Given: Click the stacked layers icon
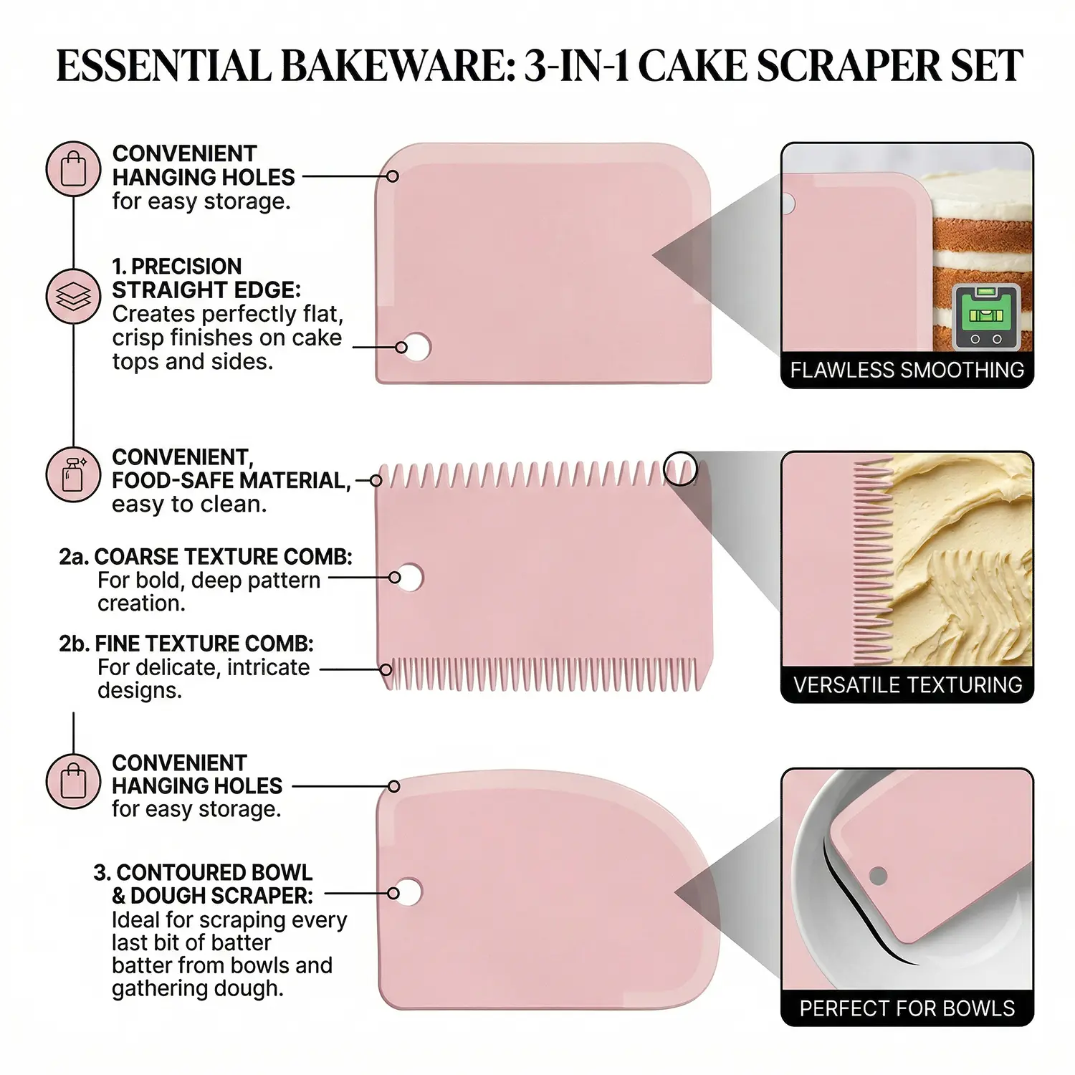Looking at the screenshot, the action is pos(74,295).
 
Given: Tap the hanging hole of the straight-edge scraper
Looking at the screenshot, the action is pos(417,347).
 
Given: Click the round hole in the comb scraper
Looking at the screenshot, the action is pos(411,577).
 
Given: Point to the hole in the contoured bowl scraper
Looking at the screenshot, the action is pos(409,893).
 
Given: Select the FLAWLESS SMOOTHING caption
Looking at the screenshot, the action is pos(907,370).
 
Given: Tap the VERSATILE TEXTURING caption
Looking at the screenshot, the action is pos(907,684).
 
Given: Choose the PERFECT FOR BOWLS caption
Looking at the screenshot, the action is pos(907,1008).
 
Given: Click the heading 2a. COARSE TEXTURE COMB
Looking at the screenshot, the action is pos(205,557).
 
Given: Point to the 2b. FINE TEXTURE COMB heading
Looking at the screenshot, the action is pos(186,644).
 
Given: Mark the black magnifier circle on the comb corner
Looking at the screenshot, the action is pos(680,469).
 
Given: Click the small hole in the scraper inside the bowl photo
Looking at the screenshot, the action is pos(878,875).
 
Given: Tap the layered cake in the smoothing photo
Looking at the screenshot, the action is pos(983,258).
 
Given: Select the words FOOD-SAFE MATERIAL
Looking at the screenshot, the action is pos(231,480).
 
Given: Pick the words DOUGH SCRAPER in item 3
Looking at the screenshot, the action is pos(221,895).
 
